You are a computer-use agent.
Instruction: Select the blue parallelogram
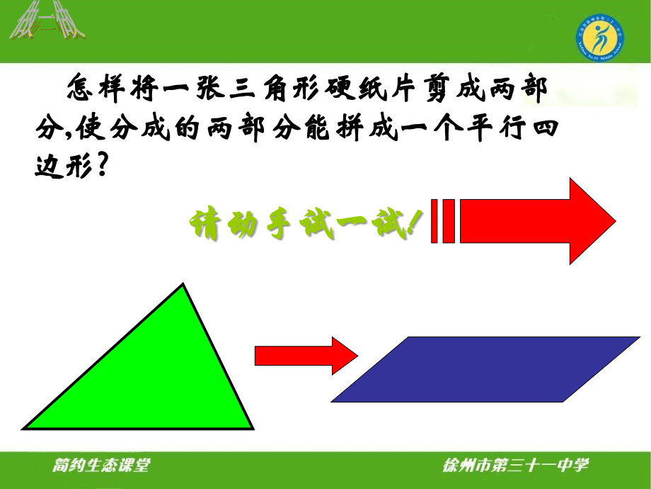click(485, 369)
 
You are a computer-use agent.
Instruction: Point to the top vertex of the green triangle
click(185, 285)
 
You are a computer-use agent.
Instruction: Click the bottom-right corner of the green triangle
click(251, 427)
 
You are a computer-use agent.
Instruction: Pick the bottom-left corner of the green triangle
click(25, 427)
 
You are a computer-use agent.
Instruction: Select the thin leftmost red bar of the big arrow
click(433, 221)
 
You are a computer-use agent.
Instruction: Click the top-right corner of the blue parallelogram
click(637, 338)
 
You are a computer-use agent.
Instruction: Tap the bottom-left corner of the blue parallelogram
click(333, 400)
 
